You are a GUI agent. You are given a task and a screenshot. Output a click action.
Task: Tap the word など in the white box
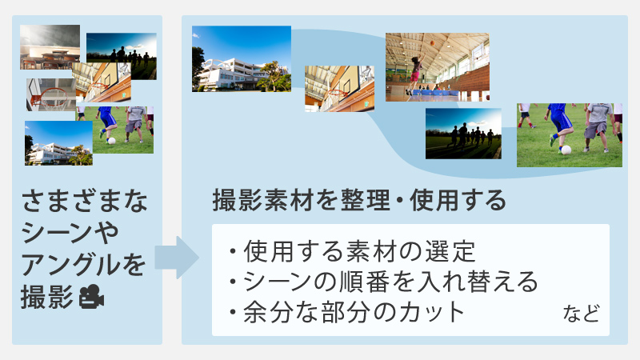click(581, 313)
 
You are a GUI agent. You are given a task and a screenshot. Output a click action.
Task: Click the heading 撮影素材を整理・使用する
click(359, 200)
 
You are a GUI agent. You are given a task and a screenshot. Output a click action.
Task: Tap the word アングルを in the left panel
click(84, 263)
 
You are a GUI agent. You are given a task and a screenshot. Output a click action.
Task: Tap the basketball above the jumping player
click(433, 43)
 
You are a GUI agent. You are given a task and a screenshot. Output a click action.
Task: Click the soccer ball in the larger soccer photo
click(566, 150)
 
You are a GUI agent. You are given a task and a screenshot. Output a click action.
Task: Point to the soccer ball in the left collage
click(111, 141)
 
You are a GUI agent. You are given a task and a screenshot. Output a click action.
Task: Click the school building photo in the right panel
click(241, 58)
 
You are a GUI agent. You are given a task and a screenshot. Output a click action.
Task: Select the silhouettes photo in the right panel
click(463, 133)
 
